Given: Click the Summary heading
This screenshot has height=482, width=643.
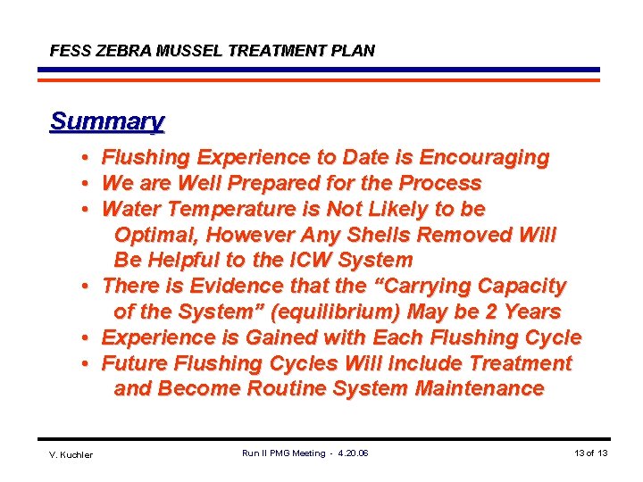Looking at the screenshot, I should coord(107,121).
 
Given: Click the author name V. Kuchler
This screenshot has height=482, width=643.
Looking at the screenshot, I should coord(71,455).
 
